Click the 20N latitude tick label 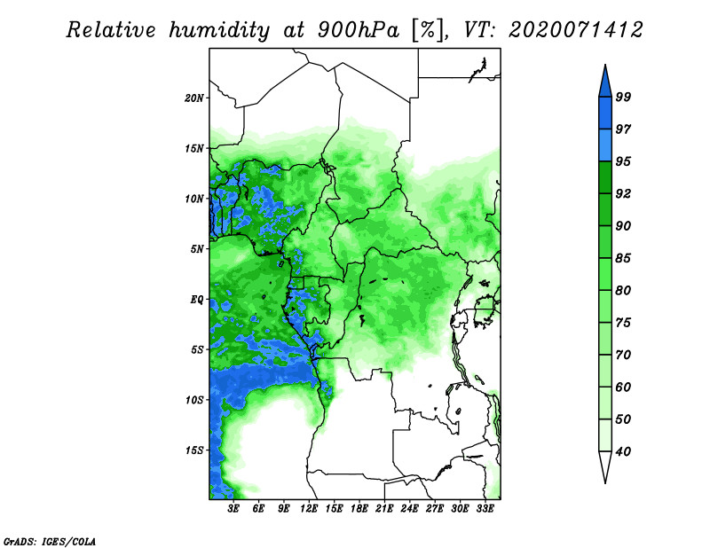(193, 98)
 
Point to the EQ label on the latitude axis (196, 300)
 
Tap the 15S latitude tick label (193, 450)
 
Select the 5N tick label (196, 249)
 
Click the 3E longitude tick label (233, 509)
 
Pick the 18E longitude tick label (359, 509)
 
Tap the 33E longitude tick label (485, 509)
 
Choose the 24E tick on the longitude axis (409, 509)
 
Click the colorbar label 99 (623, 97)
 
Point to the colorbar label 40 (623, 451)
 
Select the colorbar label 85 (623, 258)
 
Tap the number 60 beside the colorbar (623, 387)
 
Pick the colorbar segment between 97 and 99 (605, 114)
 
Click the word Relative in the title (112, 30)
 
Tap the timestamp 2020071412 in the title (576, 30)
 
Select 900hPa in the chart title (359, 30)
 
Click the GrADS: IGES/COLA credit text (50, 541)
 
